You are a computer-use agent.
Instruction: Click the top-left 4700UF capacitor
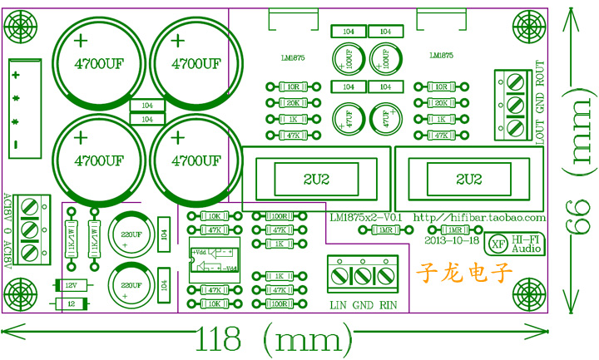point(94,62)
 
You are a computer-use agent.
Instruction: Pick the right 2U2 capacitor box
point(468,179)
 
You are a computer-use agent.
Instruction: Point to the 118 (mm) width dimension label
point(268,339)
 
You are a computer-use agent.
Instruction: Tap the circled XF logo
point(498,244)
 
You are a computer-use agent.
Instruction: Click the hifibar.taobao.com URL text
point(479,217)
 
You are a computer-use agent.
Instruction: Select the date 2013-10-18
point(450,241)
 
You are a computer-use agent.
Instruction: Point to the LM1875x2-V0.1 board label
point(366,217)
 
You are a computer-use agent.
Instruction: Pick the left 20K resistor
point(293,103)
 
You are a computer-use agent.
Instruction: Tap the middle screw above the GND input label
point(363,274)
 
